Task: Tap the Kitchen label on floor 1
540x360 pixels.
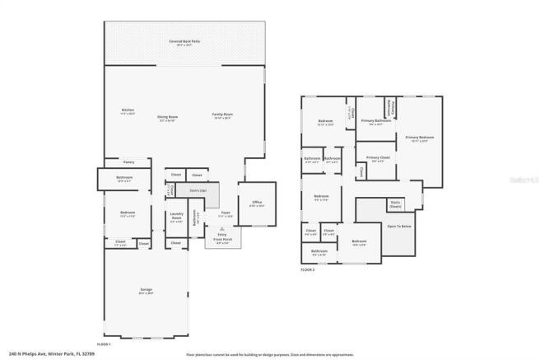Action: point(128,110)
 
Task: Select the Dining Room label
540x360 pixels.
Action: point(169,117)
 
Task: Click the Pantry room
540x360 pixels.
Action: point(128,162)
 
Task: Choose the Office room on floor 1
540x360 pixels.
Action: point(257,203)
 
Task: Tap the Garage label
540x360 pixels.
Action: point(146,290)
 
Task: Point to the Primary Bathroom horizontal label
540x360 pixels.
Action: point(375,122)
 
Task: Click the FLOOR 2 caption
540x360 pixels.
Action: point(307,269)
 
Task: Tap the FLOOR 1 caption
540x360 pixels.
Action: point(105,343)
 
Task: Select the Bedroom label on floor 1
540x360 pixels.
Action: point(127,213)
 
